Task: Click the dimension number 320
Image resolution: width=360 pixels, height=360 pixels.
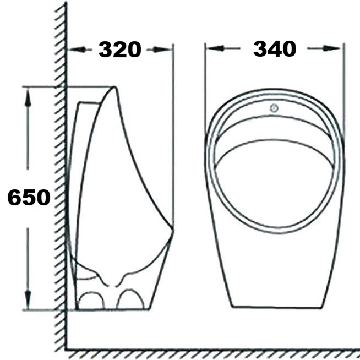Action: [x=119, y=50]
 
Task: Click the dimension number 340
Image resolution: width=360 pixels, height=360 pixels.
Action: [x=275, y=48]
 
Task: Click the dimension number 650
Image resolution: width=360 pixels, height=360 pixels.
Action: [x=29, y=198]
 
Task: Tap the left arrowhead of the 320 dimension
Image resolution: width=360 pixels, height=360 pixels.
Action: [x=77, y=50]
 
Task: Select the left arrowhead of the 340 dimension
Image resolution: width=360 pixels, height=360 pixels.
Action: [x=215, y=48]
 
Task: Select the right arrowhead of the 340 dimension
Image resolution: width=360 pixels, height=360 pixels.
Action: [x=332, y=48]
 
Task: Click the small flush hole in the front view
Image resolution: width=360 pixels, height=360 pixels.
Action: [x=274, y=108]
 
